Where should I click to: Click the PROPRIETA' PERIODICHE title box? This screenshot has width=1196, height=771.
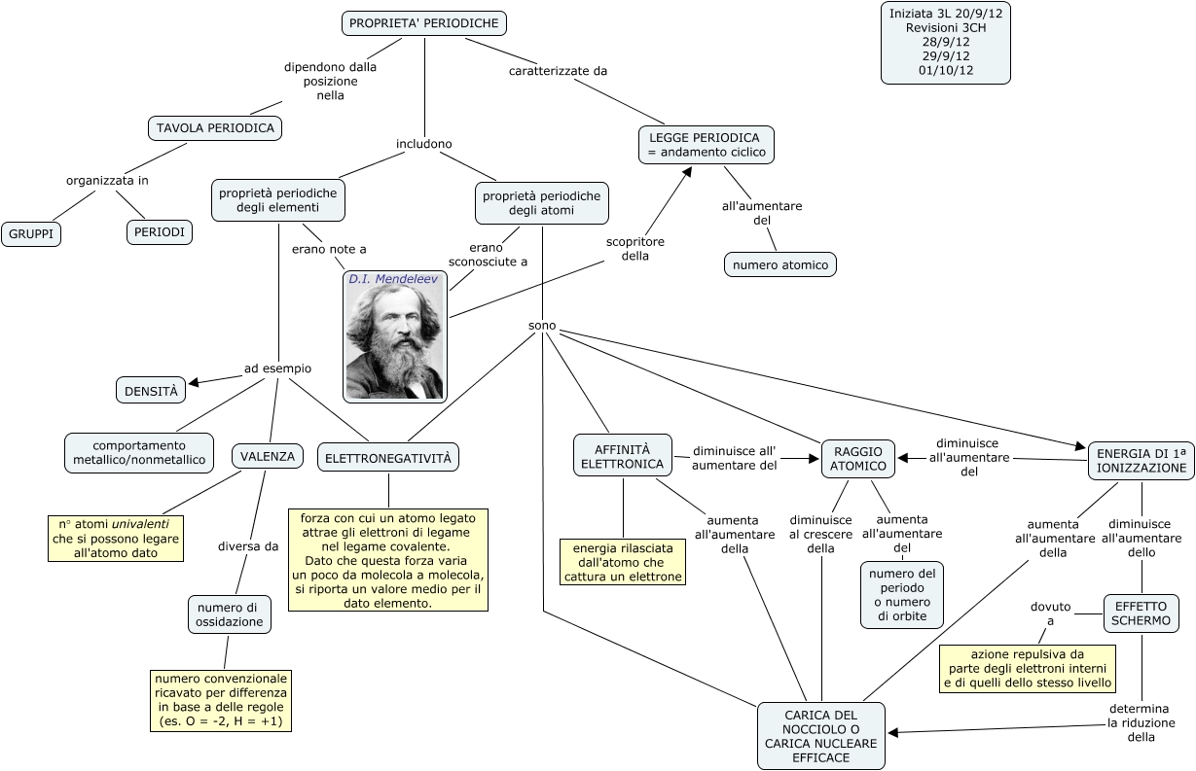click(424, 23)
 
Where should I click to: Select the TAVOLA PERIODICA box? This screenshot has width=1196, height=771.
click(215, 127)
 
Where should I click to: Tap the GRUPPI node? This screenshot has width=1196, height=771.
click(31, 234)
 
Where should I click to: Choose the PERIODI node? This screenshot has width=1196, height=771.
click(159, 232)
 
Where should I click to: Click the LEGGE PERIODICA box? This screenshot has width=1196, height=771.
click(707, 144)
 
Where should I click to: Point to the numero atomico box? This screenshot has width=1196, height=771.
click(780, 264)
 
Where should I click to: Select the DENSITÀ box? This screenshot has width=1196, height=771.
click(151, 391)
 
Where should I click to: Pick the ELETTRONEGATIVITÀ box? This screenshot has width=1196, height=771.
click(388, 457)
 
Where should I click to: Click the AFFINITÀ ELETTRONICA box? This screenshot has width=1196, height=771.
click(623, 455)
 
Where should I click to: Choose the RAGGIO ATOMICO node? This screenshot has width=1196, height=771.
click(858, 459)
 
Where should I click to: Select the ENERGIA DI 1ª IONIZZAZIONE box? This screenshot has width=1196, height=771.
click(1142, 460)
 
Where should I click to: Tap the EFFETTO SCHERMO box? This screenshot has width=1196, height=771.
click(1142, 613)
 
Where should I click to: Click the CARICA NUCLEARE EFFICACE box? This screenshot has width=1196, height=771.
click(821, 736)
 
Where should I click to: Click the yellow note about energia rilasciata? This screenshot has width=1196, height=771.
click(623, 562)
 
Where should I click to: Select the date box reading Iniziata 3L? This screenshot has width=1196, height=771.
click(931, 42)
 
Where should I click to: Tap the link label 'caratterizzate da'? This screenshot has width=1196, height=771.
click(558, 71)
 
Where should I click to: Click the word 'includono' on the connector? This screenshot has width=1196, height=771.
click(424, 144)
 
